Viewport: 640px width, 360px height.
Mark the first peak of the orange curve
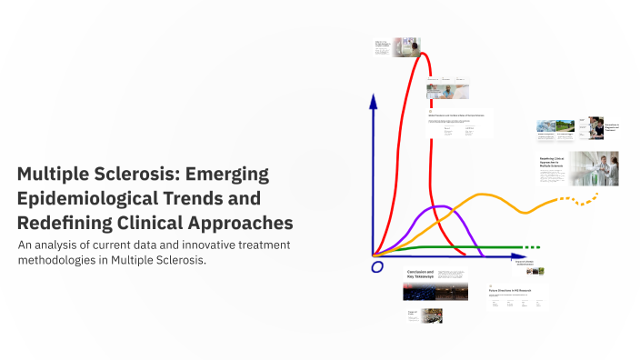point(479,195)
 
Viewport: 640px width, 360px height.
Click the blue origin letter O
point(376,266)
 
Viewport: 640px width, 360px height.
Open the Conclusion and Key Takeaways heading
point(419,274)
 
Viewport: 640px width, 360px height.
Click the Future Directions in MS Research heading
point(509,291)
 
